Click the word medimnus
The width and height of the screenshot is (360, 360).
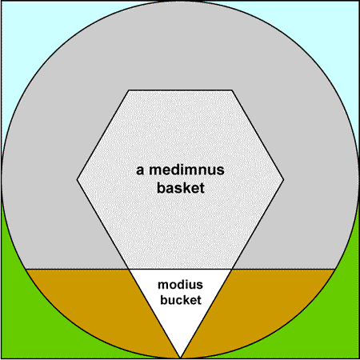click(x=186, y=170)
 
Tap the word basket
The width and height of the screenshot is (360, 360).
click(x=181, y=188)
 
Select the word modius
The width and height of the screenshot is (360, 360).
click(x=180, y=285)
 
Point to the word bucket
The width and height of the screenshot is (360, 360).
click(x=181, y=300)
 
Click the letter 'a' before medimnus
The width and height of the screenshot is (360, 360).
click(x=140, y=171)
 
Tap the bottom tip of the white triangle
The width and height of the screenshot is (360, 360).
click(x=180, y=358)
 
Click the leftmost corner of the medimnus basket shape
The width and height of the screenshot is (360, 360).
click(x=77, y=180)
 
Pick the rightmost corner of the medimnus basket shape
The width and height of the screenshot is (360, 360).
click(x=284, y=180)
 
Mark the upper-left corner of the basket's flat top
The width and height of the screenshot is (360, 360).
click(x=129, y=90)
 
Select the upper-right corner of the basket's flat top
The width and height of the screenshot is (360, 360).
click(x=232, y=90)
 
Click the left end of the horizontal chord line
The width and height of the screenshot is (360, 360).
click(x=26, y=269)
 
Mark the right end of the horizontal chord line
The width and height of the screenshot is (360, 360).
click(x=335, y=269)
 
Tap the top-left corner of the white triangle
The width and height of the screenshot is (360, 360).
click(x=129, y=270)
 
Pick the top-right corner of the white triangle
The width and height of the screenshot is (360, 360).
click(x=231, y=270)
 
